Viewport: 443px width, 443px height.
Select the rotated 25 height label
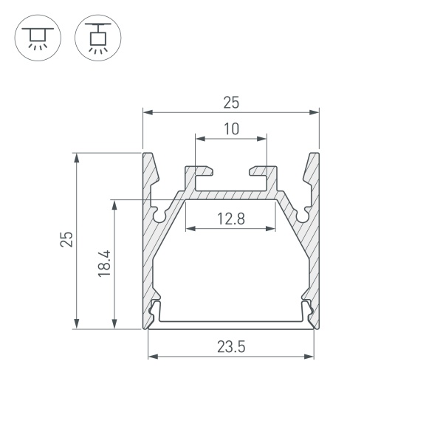tap(67, 239)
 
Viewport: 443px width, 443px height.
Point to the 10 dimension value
tap(231, 128)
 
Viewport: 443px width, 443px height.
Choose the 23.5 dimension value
tap(231, 346)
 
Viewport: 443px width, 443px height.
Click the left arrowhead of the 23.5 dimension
tap(153, 357)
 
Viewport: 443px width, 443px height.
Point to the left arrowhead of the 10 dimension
tap(200, 138)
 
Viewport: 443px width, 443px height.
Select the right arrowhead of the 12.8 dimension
tap(272, 228)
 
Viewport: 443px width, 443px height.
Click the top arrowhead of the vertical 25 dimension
tap(76, 157)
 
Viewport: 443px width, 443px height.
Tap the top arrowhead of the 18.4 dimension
tap(114, 204)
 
